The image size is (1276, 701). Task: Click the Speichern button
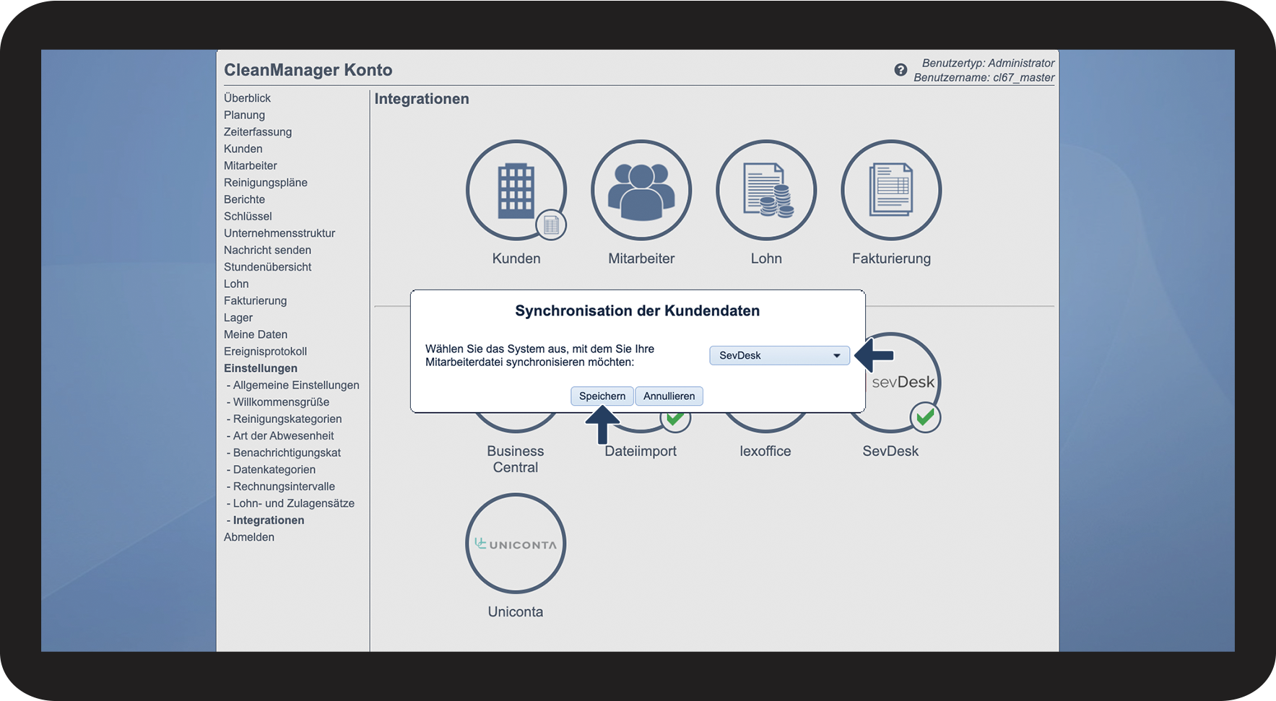pos(602,396)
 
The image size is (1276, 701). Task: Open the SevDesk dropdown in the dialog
pos(778,355)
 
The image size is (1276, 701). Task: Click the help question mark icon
pos(900,70)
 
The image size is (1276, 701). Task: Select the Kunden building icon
pos(516,190)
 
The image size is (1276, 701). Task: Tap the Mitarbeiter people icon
pos(641,190)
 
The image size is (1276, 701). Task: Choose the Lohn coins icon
pos(765,190)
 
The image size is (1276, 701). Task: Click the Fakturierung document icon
pos(890,190)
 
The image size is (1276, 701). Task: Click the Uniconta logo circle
pos(515,544)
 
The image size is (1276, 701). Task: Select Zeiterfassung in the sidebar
pos(258,132)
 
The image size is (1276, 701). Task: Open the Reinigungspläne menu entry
pos(265,183)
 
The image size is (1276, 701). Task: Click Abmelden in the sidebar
pos(249,537)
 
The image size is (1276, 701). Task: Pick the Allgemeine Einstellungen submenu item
pos(295,386)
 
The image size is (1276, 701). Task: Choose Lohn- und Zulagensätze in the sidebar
pos(293,503)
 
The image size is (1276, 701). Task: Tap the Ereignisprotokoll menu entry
pos(265,352)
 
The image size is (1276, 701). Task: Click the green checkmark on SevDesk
pos(924,417)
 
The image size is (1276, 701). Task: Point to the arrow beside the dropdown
pos(874,355)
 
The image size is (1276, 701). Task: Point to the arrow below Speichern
pos(602,424)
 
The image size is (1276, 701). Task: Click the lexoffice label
pos(765,451)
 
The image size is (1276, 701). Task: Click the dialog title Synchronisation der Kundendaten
pos(637,311)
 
